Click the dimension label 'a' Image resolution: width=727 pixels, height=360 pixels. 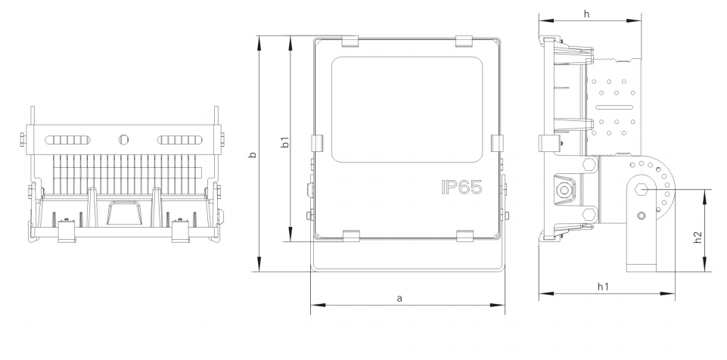[399, 299]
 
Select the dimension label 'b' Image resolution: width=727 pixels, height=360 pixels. [253, 154]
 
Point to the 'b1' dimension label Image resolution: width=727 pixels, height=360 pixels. [284, 141]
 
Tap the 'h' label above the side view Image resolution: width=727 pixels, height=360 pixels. [586, 14]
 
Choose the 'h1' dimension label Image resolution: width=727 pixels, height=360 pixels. [603, 286]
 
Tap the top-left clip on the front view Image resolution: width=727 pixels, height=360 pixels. [350, 39]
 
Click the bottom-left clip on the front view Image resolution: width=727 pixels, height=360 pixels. [350, 237]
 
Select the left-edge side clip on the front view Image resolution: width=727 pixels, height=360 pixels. [318, 144]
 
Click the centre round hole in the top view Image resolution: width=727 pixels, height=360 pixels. [125, 140]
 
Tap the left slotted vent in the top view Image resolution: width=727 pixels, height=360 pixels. [70, 140]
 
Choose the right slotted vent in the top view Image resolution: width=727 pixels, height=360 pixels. [180, 140]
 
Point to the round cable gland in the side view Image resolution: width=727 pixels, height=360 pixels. [563, 189]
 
